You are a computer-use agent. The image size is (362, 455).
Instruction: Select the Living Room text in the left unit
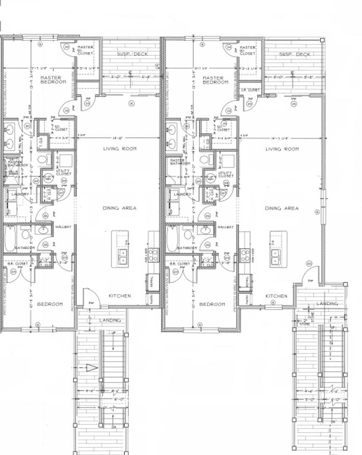coord(120,149)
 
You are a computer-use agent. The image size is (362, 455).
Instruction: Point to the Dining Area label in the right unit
coord(282,208)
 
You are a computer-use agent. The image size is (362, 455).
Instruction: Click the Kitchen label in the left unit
coord(120,296)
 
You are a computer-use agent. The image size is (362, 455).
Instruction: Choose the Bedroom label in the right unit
coord(212,304)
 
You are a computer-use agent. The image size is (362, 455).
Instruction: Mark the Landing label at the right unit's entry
coord(327,303)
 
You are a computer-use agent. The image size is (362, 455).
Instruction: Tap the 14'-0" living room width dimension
coord(117,138)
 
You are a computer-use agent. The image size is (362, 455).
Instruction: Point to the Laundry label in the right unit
coord(182,194)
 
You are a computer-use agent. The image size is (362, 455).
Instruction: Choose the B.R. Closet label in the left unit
coord(18,263)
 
